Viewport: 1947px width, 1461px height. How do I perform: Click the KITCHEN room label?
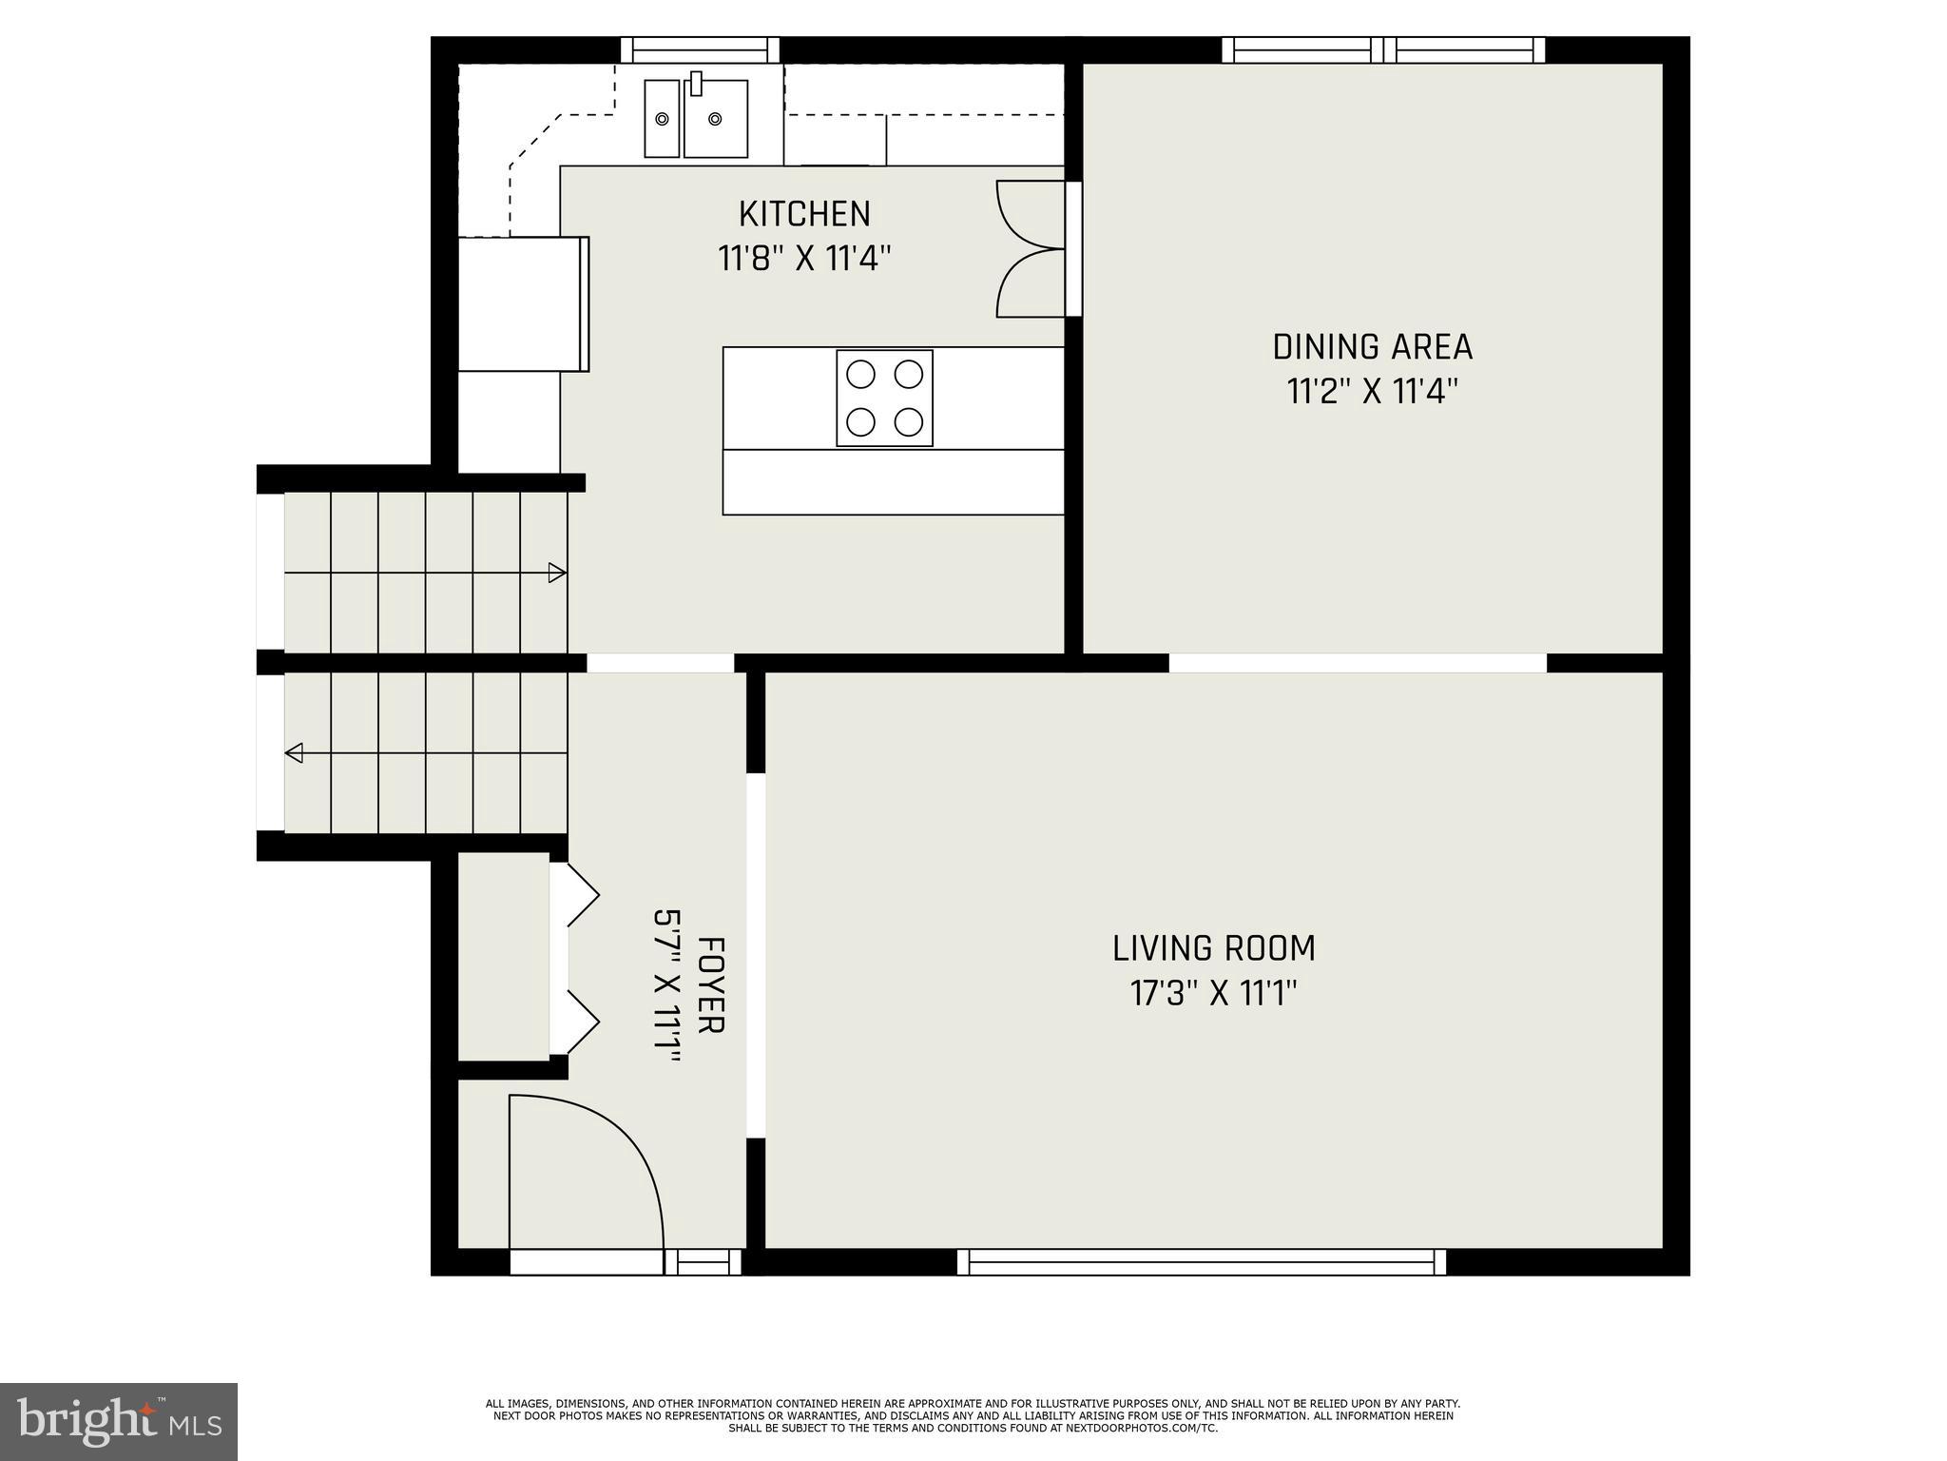[x=804, y=214]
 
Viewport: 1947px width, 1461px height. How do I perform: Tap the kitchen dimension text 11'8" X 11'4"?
[x=804, y=259]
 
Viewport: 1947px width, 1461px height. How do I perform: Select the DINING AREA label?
[x=1372, y=347]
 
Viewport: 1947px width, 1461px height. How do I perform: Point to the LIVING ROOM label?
[x=1214, y=948]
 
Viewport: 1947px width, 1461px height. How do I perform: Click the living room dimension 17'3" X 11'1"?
[x=1214, y=994]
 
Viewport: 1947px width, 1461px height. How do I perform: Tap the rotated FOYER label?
[x=711, y=984]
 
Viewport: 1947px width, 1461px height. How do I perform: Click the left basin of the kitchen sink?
[x=662, y=119]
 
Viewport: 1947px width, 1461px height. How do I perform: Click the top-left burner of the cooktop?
[x=860, y=374]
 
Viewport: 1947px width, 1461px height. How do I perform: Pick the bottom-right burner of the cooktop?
[x=910, y=421]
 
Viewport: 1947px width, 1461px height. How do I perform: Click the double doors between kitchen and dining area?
[x=1031, y=249]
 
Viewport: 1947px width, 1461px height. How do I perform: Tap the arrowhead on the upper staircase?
[x=557, y=573]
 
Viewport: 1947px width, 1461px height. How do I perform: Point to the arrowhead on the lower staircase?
[x=295, y=753]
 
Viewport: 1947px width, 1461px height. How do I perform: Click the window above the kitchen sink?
[x=700, y=49]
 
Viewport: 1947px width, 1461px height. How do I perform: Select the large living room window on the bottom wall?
[x=1202, y=1262]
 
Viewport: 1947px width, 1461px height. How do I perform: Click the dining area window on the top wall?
[x=1383, y=49]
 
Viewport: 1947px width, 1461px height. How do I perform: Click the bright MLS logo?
[x=119, y=1421]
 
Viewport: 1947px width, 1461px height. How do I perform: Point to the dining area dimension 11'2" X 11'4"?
[x=1372, y=392]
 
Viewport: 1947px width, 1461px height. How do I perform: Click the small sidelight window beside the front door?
[x=703, y=1262]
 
